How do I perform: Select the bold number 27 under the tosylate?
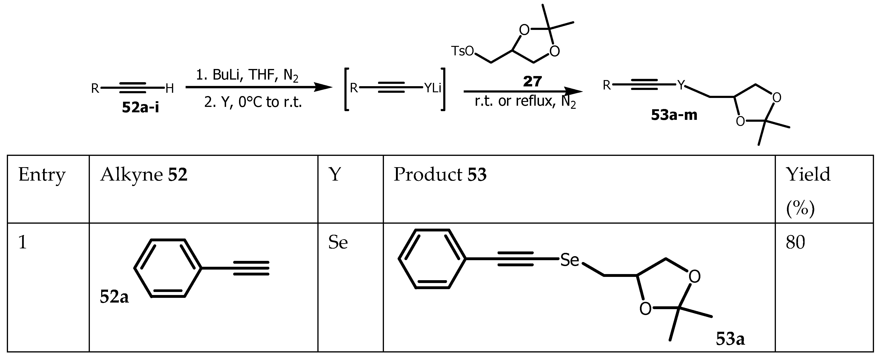532,81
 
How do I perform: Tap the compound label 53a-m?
674,115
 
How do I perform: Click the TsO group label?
462,51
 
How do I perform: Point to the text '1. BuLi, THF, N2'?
247,75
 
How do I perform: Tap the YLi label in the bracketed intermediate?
433,88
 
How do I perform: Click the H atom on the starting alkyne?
169,89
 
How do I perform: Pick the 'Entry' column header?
42,175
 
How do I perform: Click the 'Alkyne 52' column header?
144,175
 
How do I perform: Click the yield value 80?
795,243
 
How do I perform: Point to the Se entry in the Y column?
338,243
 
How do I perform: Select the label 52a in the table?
114,297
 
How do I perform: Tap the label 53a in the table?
730,339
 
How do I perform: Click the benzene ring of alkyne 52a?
168,268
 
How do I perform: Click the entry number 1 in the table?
23,243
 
